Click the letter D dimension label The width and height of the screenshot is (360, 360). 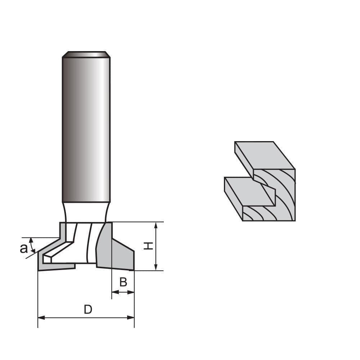click(88, 309)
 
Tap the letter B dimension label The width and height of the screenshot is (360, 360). click(123, 282)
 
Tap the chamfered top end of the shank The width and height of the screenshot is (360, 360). click(86, 54)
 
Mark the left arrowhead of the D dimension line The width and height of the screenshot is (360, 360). click(41, 318)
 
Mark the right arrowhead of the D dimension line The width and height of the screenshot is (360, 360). click(131, 318)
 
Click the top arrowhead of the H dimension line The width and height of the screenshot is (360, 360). click(156, 225)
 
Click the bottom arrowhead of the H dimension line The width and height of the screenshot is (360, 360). click(156, 267)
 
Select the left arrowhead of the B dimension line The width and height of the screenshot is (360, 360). click(114, 292)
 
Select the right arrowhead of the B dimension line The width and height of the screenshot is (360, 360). click(132, 292)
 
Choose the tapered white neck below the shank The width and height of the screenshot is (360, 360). click(86, 212)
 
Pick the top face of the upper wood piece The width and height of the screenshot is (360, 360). click(265, 155)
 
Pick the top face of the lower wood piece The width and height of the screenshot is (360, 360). click(248, 191)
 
